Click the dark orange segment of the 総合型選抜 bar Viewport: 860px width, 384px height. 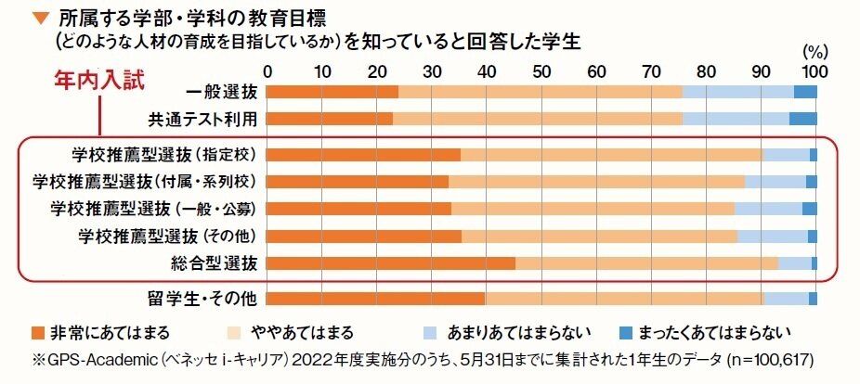391,263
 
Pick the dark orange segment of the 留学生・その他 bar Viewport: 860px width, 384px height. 376,298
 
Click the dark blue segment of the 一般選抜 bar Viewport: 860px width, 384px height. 805,91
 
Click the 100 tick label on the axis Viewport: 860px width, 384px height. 814,71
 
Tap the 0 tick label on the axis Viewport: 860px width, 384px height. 268,71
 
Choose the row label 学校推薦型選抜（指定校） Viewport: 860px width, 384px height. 169,154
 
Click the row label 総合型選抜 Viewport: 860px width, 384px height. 218,263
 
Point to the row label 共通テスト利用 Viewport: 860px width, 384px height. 202,119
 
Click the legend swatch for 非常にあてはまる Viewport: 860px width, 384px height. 37,331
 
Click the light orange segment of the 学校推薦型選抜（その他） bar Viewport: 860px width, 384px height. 599,236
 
